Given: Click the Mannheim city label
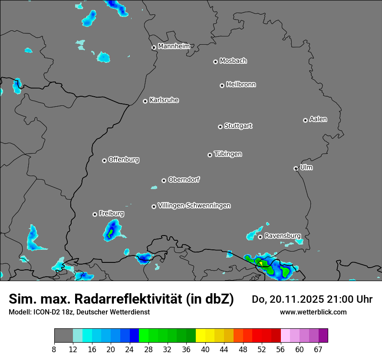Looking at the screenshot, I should coord(174,46).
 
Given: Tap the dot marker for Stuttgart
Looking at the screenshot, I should coord(220,127).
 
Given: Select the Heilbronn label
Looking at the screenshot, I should coord(241,84).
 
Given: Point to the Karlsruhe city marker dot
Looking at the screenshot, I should coord(145,101).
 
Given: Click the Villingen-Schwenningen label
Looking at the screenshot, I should coord(194,205).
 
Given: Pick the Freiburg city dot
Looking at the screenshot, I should coord(95,214).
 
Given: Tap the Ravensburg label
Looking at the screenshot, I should coord(282,236).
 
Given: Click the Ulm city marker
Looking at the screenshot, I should coord(296,168).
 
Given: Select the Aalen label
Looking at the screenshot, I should coord(318,119).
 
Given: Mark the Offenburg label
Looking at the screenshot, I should coord(123,159).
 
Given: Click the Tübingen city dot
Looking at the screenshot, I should coord(210,155).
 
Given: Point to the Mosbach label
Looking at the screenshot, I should coord(233,61).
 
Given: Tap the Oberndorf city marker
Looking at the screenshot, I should coord(164,180).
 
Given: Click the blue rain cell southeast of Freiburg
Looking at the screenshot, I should coord(112,230).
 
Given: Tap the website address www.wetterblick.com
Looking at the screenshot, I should coord(313,312).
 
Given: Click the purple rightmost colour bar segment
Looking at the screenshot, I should coord(323,335).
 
